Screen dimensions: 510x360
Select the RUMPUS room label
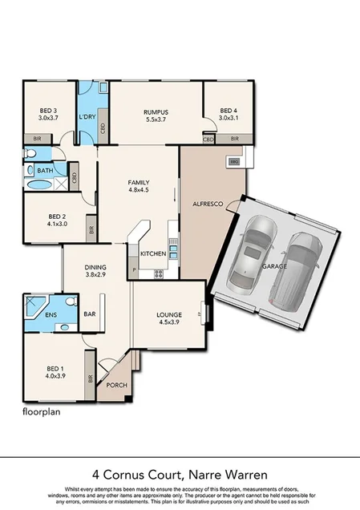(156, 111)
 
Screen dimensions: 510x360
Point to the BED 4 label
(229, 111)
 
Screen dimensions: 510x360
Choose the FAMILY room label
(139, 183)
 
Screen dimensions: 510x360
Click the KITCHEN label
(152, 253)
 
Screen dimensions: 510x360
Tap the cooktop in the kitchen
(159, 273)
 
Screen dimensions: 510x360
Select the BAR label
(90, 314)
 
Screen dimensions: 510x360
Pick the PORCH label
(116, 385)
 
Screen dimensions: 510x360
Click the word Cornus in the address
(152, 474)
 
